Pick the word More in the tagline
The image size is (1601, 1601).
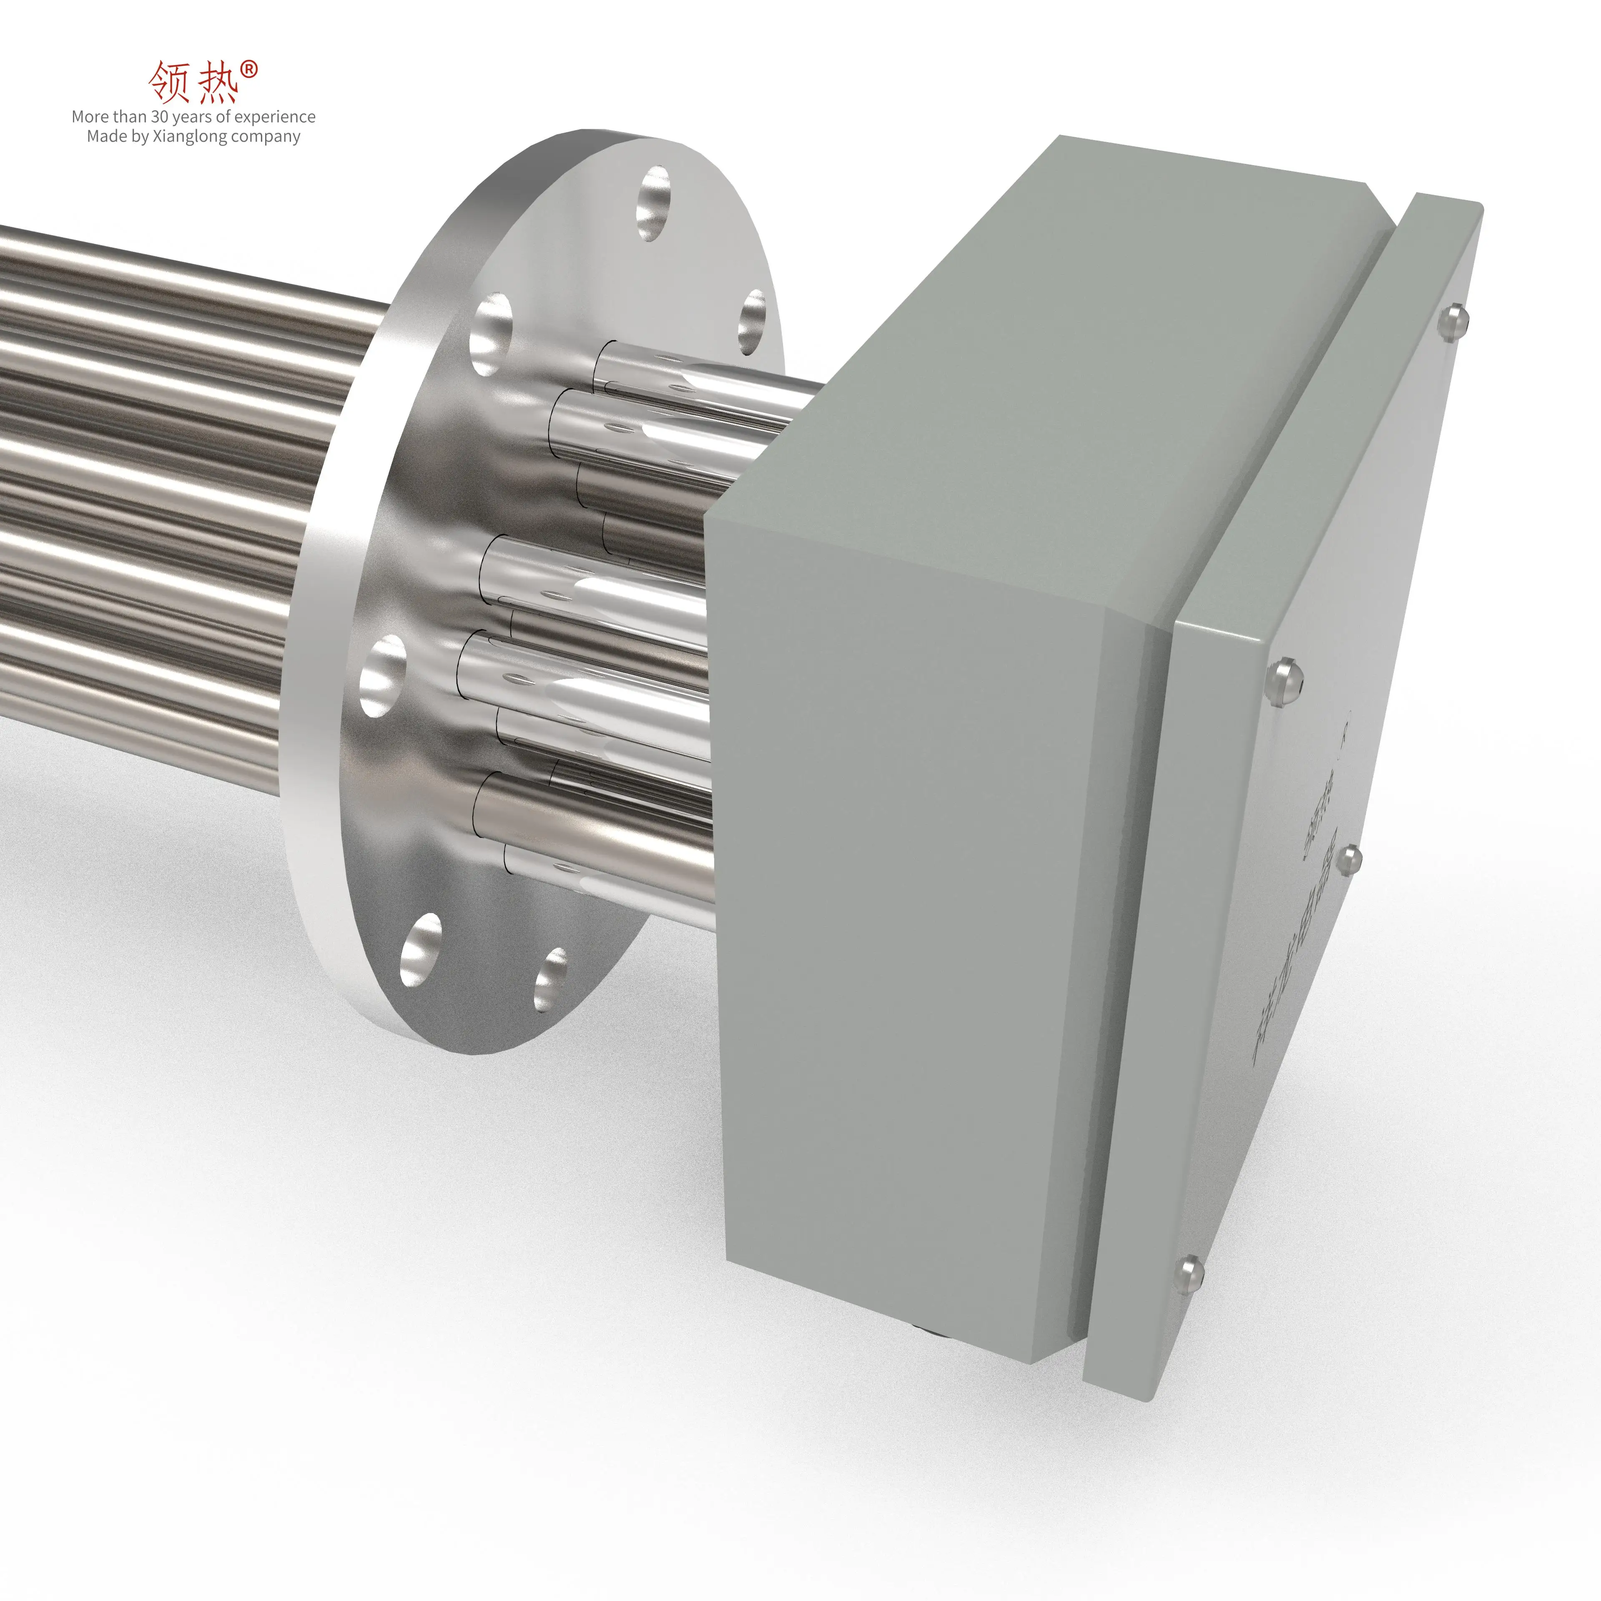pos(90,117)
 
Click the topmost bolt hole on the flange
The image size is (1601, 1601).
pos(654,203)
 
